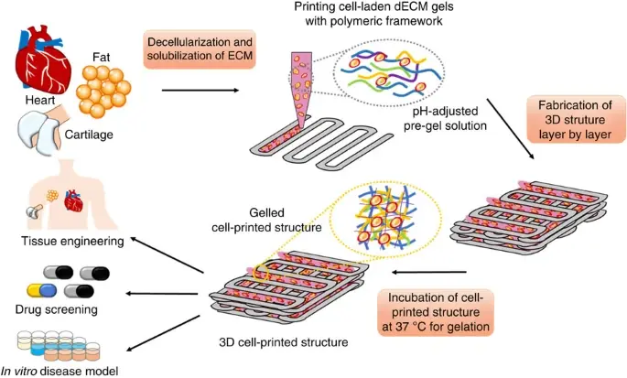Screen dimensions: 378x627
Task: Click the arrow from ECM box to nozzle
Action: tap(199, 90)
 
